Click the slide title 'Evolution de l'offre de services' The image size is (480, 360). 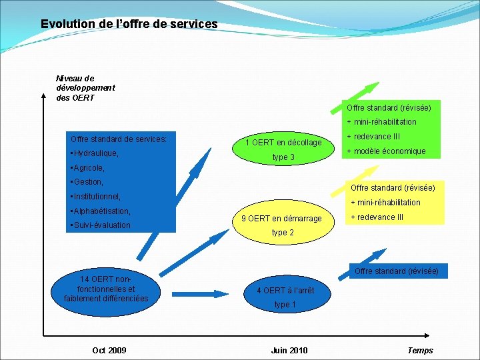click(x=129, y=24)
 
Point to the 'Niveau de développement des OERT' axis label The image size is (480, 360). click(x=85, y=88)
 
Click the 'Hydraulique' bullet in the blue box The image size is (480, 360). click(x=95, y=153)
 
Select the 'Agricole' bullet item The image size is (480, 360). click(x=88, y=168)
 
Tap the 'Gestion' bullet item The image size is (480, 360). click(x=87, y=182)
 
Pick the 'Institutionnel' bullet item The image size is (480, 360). click(x=96, y=197)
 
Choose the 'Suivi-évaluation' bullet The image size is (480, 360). click(x=101, y=225)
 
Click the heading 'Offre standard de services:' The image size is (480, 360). click(x=119, y=139)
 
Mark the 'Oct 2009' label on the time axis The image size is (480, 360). click(x=109, y=351)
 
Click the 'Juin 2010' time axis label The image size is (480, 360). click(x=289, y=351)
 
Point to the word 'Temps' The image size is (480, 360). click(x=420, y=351)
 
